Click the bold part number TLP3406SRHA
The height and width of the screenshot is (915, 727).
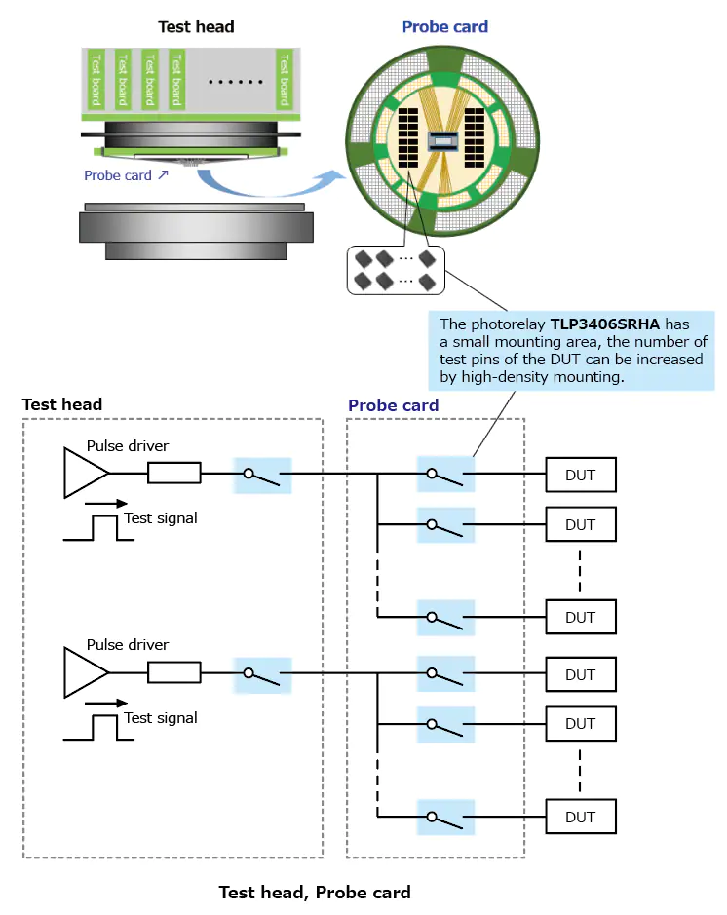tap(605, 324)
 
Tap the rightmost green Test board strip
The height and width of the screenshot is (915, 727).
tap(284, 80)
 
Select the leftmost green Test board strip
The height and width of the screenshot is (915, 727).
tap(96, 80)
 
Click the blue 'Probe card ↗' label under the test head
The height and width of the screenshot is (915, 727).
tap(126, 175)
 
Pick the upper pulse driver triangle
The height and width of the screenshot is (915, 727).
tap(86, 473)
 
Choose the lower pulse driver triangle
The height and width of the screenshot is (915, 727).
tap(86, 672)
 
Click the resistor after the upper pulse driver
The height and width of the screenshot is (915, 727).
tap(174, 474)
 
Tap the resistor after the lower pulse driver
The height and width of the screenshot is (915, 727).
tap(174, 672)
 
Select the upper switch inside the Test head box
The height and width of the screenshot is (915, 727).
tap(262, 475)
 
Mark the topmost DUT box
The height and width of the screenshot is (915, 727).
tap(580, 476)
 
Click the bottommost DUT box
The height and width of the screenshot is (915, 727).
tap(580, 817)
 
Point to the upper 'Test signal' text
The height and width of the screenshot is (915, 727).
tap(161, 518)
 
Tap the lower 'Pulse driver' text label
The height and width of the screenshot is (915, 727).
tap(128, 645)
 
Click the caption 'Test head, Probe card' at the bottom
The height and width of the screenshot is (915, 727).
tap(314, 892)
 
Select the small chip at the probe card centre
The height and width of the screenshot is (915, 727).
tap(444, 138)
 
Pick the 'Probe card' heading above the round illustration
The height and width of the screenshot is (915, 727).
tap(444, 27)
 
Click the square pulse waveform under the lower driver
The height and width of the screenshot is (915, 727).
tap(97, 728)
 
